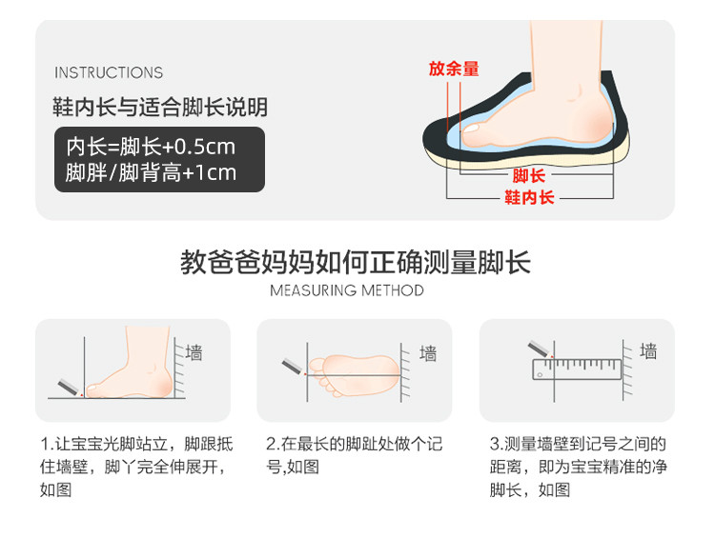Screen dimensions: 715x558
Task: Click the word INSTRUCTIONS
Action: pos(109,72)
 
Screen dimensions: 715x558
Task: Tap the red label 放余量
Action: pos(454,69)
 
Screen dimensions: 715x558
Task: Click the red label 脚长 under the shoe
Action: pos(529,175)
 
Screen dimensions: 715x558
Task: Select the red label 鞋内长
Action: pos(529,197)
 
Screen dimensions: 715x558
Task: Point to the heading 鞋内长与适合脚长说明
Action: pos(160,107)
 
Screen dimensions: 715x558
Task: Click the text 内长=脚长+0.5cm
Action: pos(151,147)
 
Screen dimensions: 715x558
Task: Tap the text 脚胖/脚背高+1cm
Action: pos(151,172)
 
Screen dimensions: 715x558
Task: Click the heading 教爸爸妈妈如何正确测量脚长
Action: pos(356,263)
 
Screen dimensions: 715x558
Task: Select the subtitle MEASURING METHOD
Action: pos(347,290)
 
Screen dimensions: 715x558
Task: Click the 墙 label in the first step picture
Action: pos(194,352)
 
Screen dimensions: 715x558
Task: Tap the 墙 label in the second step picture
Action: pos(428,353)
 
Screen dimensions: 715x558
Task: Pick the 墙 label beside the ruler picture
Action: pos(648,351)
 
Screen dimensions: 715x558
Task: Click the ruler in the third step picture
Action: pos(578,369)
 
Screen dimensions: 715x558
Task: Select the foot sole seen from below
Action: pos(354,375)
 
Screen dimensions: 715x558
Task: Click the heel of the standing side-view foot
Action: pos(161,383)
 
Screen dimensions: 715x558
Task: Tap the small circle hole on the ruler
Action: pos(540,375)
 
